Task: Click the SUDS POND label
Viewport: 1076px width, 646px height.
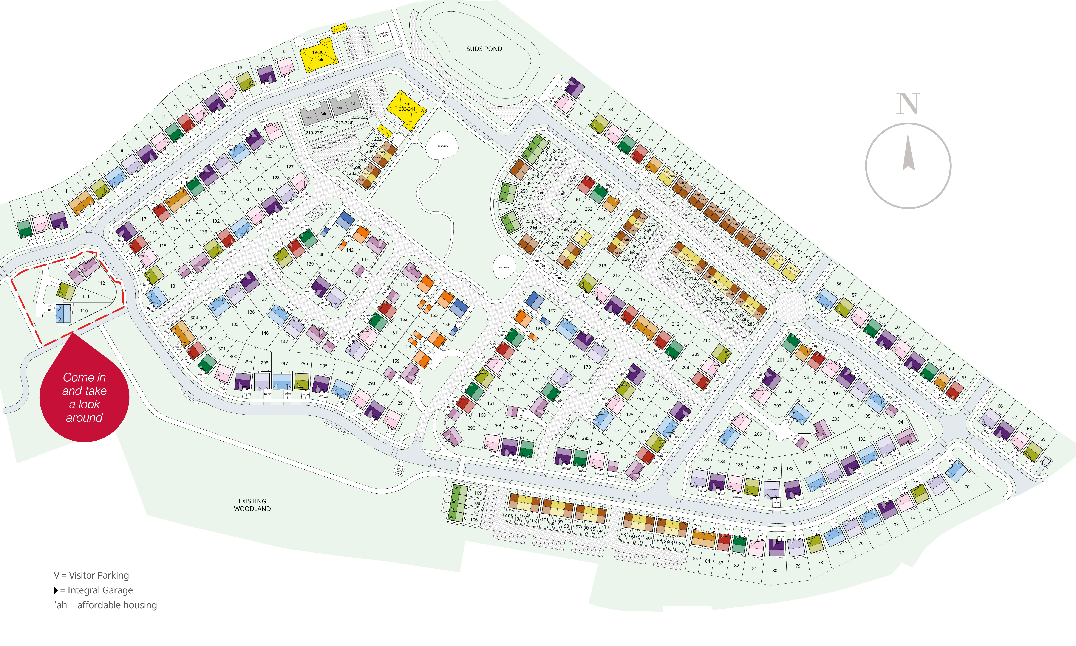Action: (484, 49)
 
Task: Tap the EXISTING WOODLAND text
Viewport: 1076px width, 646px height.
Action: (252, 505)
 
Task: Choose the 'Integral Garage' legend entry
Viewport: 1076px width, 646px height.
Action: (94, 590)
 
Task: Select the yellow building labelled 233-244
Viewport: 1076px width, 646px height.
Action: (407, 109)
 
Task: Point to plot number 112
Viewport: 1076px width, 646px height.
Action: (101, 283)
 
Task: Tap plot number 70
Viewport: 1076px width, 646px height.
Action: (967, 487)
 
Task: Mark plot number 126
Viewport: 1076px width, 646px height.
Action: (283, 146)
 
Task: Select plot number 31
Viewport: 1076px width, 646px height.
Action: (591, 99)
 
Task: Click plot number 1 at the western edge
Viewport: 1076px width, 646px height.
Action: (20, 208)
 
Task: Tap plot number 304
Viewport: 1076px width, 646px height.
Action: (194, 318)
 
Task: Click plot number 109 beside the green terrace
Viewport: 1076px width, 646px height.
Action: (478, 493)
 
